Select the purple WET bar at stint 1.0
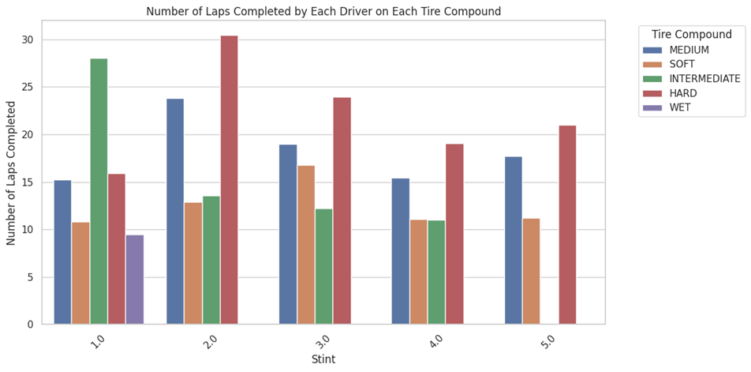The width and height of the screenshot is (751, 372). [x=135, y=280]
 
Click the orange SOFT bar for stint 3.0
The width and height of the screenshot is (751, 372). [x=305, y=245]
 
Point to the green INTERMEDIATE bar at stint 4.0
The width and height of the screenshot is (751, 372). [x=436, y=272]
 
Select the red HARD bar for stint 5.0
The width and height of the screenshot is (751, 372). [x=567, y=225]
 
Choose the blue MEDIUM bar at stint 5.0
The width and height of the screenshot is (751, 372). [x=513, y=240]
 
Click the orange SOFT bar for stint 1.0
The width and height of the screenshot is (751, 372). [x=80, y=273]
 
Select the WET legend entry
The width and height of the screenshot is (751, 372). [x=680, y=107]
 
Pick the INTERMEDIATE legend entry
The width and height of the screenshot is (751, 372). [x=704, y=79]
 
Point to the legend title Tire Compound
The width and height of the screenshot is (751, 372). [x=692, y=35]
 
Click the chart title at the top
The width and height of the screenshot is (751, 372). [x=323, y=11]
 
